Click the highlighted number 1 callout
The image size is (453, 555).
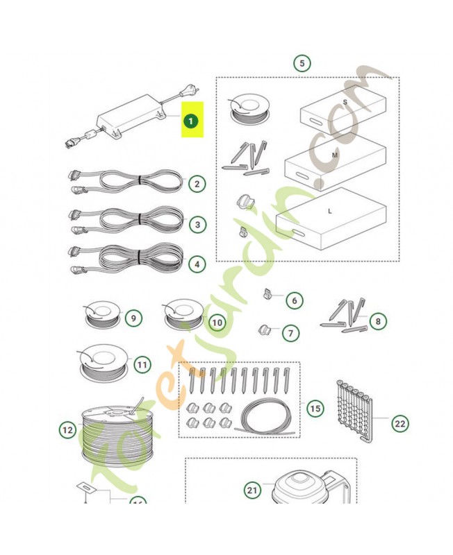pos(190,121)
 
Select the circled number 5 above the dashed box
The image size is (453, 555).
pos(302,63)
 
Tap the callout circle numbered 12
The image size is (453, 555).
pos(67,430)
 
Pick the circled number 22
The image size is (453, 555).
pos(400,423)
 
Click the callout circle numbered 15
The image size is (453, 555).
pos(315,409)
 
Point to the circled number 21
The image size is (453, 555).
pos(252,490)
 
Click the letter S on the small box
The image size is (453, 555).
pos(345,102)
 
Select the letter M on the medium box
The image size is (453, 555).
pos(335,155)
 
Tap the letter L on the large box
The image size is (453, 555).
pos(330,212)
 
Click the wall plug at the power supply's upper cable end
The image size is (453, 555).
pos(189,92)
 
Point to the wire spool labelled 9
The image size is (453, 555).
pos(102,314)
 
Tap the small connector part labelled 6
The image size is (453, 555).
pos(267,293)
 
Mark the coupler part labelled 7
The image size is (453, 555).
pos(263,330)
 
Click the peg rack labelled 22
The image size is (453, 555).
pos(354,411)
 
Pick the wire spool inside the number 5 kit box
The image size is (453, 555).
pos(249,108)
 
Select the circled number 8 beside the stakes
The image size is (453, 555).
pos(378,321)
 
